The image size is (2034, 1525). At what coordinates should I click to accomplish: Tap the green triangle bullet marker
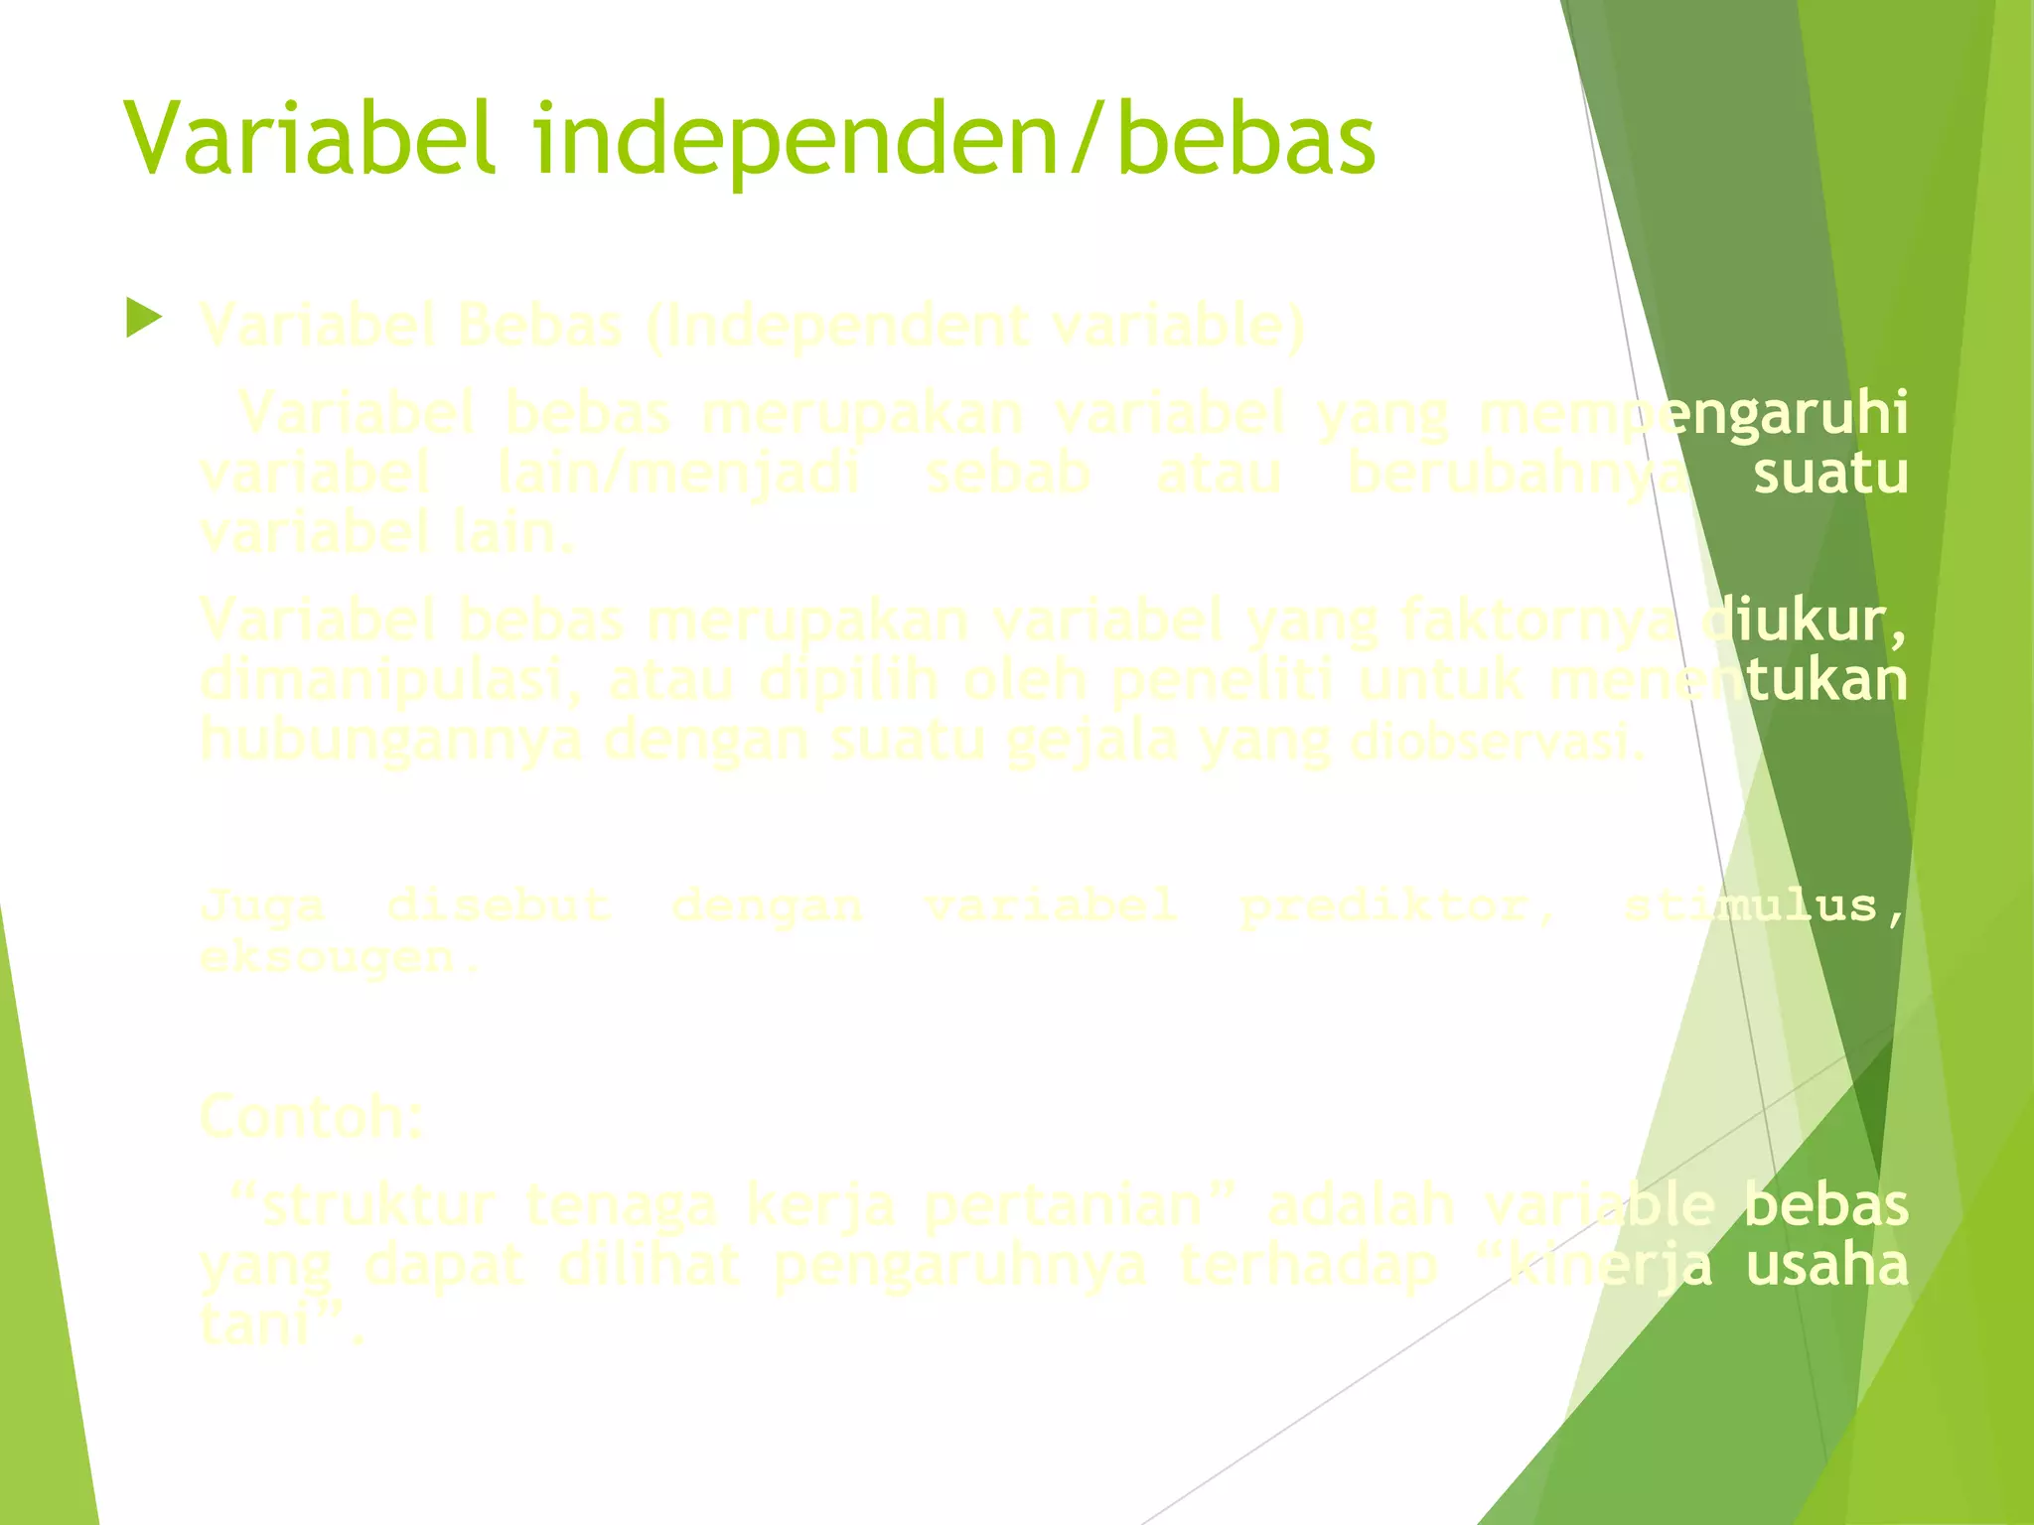click(x=145, y=320)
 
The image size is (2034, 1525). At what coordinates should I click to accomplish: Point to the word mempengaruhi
click(x=1693, y=413)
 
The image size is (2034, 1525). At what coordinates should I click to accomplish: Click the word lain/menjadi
click(x=678, y=473)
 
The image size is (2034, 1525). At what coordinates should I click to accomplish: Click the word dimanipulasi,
click(x=392, y=681)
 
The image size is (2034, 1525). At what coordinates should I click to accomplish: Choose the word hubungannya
click(x=391, y=741)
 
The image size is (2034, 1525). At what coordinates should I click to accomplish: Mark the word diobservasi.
click(x=1499, y=741)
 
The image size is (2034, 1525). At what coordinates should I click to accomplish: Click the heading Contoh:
click(x=312, y=1117)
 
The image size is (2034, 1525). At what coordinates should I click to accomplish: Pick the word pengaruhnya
click(x=959, y=1266)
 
